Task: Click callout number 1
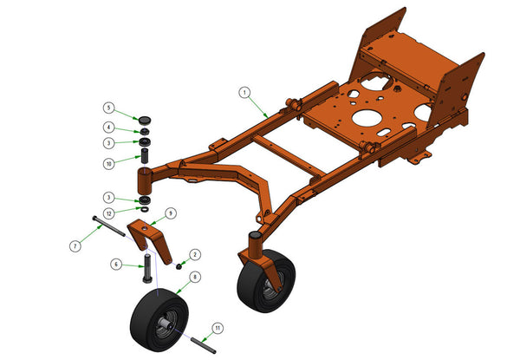pos(244,92)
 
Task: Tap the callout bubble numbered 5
pos(108,108)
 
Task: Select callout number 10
pos(109,164)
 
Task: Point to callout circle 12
pos(109,213)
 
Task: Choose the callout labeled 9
pos(171,213)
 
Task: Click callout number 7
pos(75,246)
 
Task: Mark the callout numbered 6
pos(116,265)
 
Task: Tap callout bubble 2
pos(195,254)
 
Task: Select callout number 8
pos(195,277)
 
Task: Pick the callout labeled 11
pos(218,329)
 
